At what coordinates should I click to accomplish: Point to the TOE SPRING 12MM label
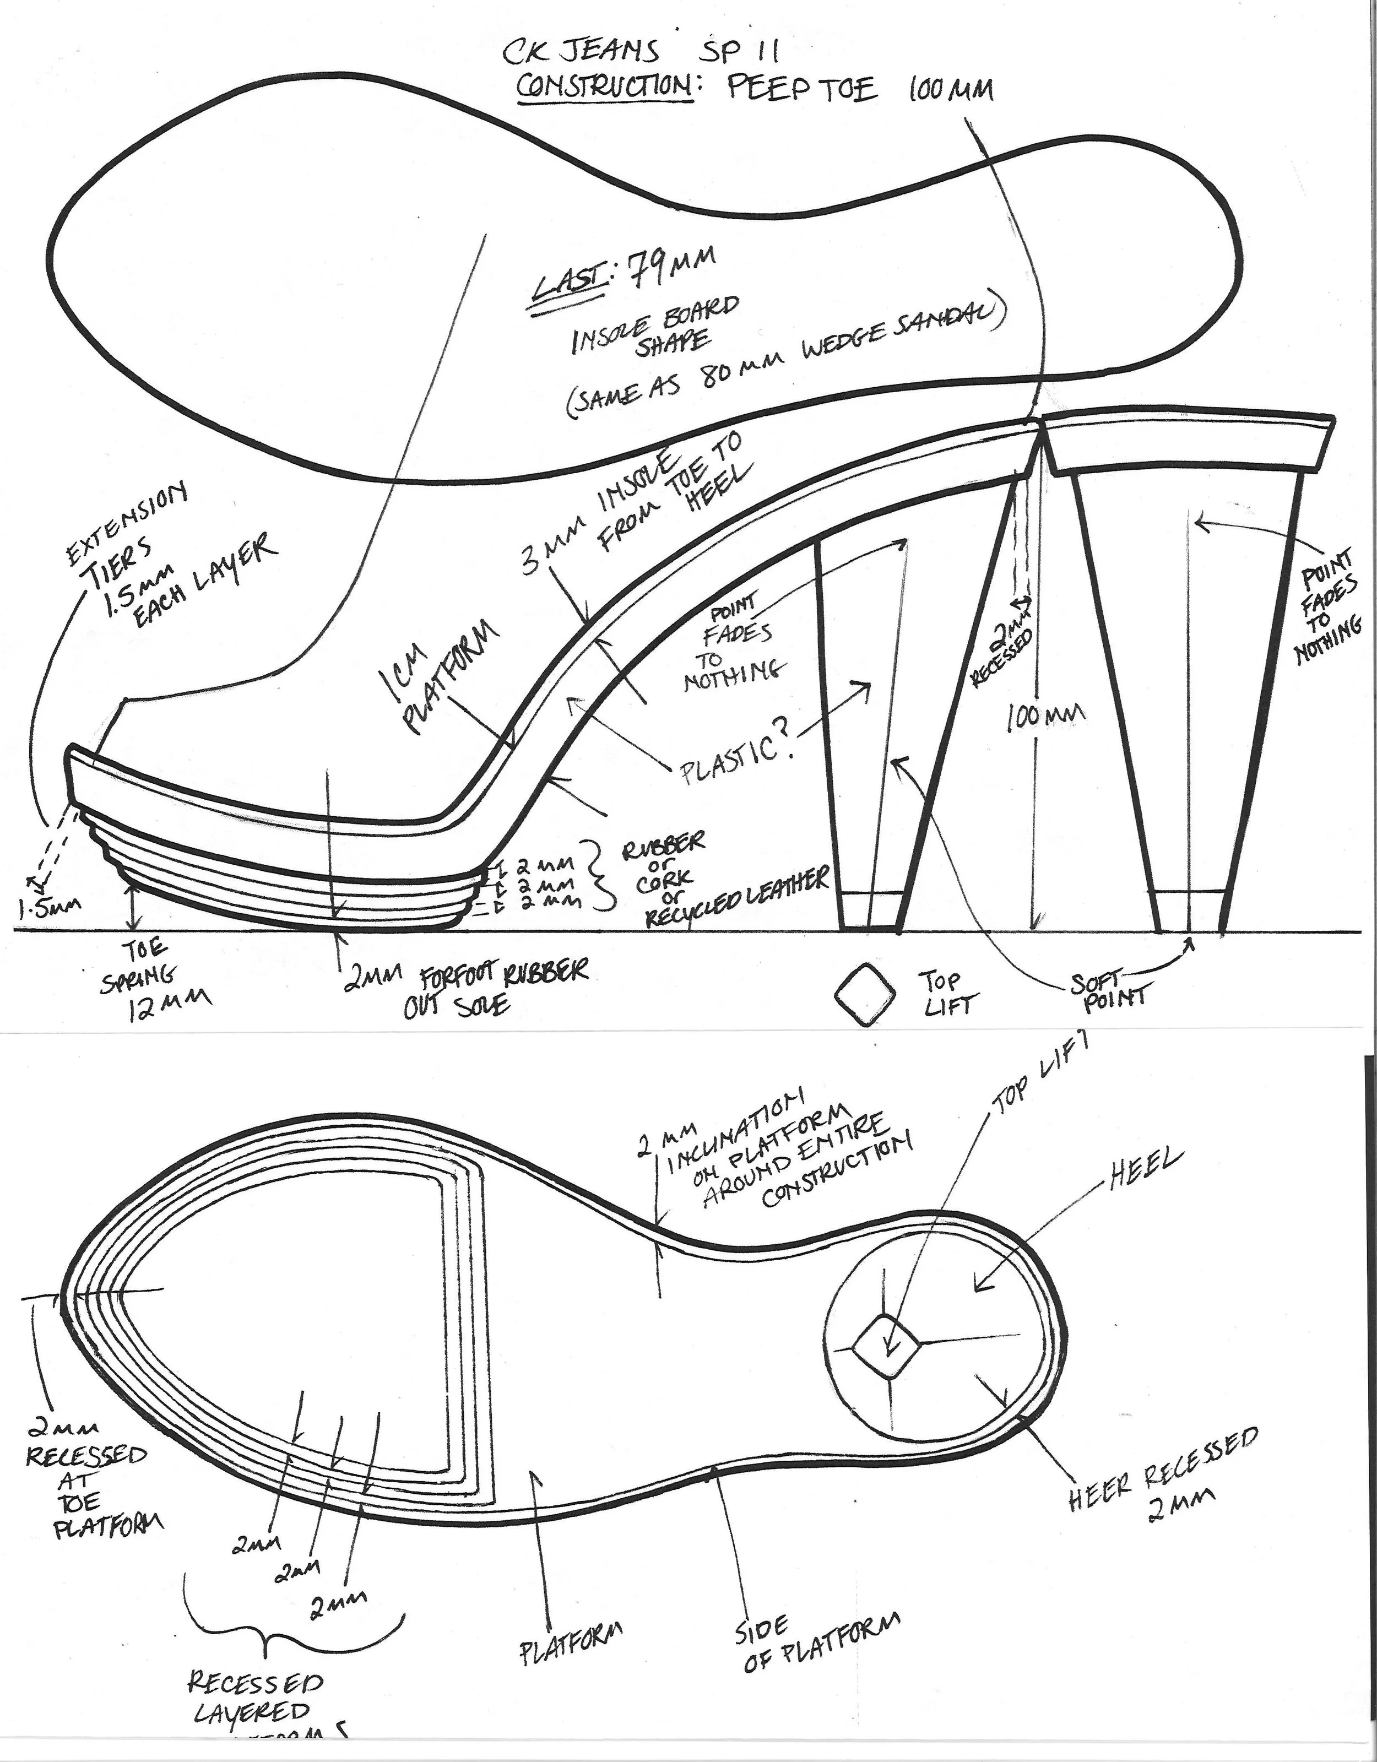tap(153, 980)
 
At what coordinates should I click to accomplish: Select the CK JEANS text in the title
tap(581, 52)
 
